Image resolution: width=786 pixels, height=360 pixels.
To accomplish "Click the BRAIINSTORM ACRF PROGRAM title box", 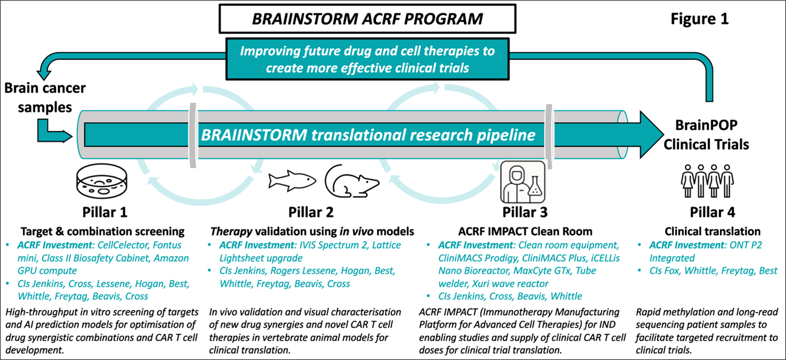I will pyautogui.click(x=367, y=20).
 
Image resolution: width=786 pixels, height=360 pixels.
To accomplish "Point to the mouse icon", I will pyautogui.click(x=352, y=180).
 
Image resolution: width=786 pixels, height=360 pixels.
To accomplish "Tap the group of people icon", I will pyautogui.click(x=707, y=181).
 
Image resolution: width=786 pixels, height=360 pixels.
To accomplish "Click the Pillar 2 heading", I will pyautogui.click(x=311, y=212).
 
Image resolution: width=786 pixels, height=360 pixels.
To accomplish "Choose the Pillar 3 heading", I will pyautogui.click(x=525, y=212).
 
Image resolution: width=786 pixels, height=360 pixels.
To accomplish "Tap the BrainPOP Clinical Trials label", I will pyautogui.click(x=706, y=135).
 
